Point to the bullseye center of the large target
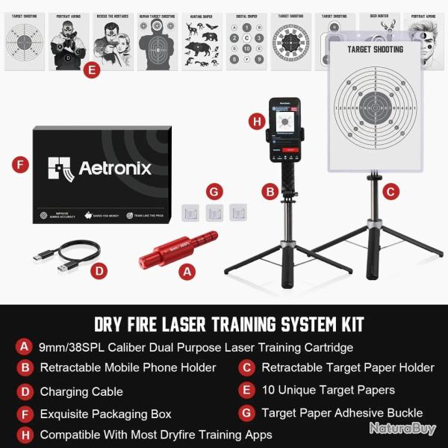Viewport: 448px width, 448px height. coord(376,108)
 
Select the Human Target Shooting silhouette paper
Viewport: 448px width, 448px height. coord(158,41)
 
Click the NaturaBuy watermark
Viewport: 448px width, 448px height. coord(402,429)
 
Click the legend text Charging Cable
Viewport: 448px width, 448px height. coord(81,391)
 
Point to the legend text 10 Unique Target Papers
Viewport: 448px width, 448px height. coord(328,390)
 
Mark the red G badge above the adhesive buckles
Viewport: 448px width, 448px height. coord(214,192)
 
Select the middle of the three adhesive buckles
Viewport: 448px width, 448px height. coord(215,213)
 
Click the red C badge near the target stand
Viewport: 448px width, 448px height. coord(389,191)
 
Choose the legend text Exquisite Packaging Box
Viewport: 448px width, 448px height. coord(105,413)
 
